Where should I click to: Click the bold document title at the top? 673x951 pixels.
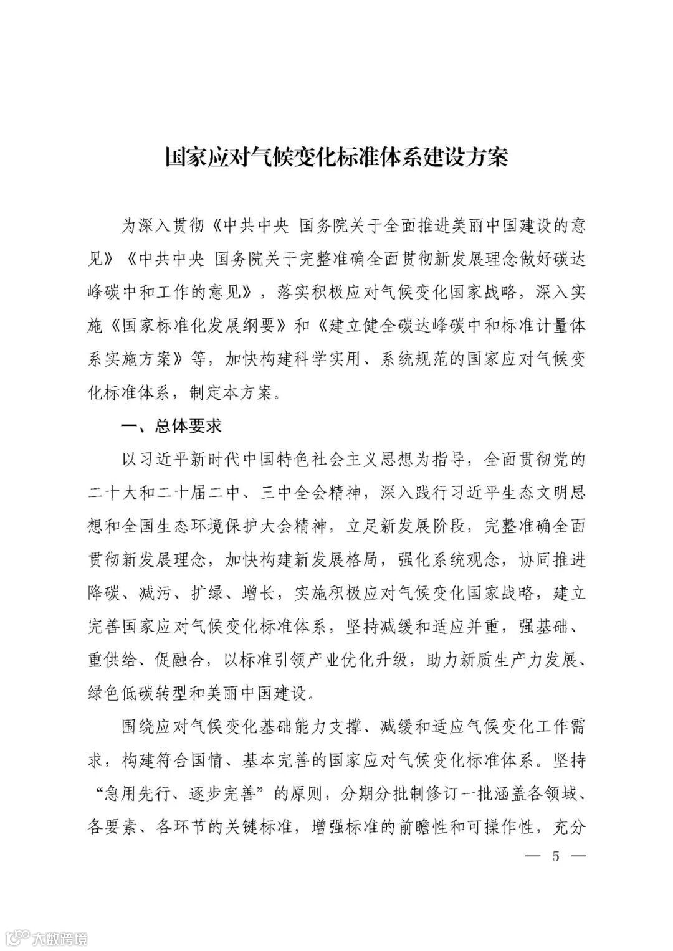pos(336,157)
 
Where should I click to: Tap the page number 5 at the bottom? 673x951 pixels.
pos(556,856)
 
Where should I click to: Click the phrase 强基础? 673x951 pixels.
pos(542,628)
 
